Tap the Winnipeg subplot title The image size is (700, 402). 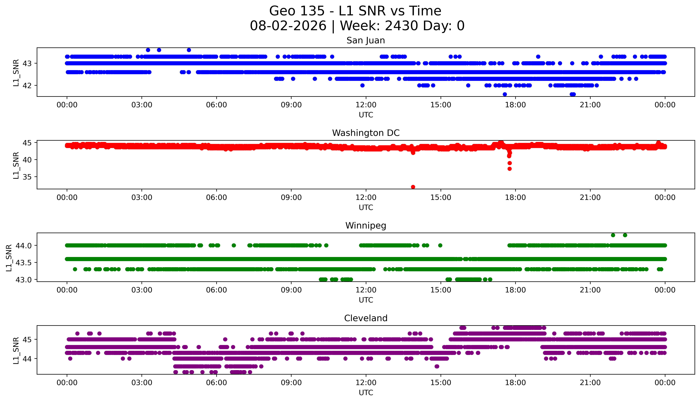pyautogui.click(x=366, y=226)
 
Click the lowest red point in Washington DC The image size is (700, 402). pyautogui.click(x=413, y=187)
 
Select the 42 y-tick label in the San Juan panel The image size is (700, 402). pyautogui.click(x=27, y=86)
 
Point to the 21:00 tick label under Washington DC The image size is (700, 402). pyautogui.click(x=590, y=197)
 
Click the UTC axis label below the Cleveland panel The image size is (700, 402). pyautogui.click(x=366, y=393)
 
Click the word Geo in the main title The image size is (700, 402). pyautogui.click(x=283, y=11)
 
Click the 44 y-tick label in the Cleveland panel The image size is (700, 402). pyautogui.click(x=27, y=359)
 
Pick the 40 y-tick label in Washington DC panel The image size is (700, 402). pyautogui.click(x=27, y=160)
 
